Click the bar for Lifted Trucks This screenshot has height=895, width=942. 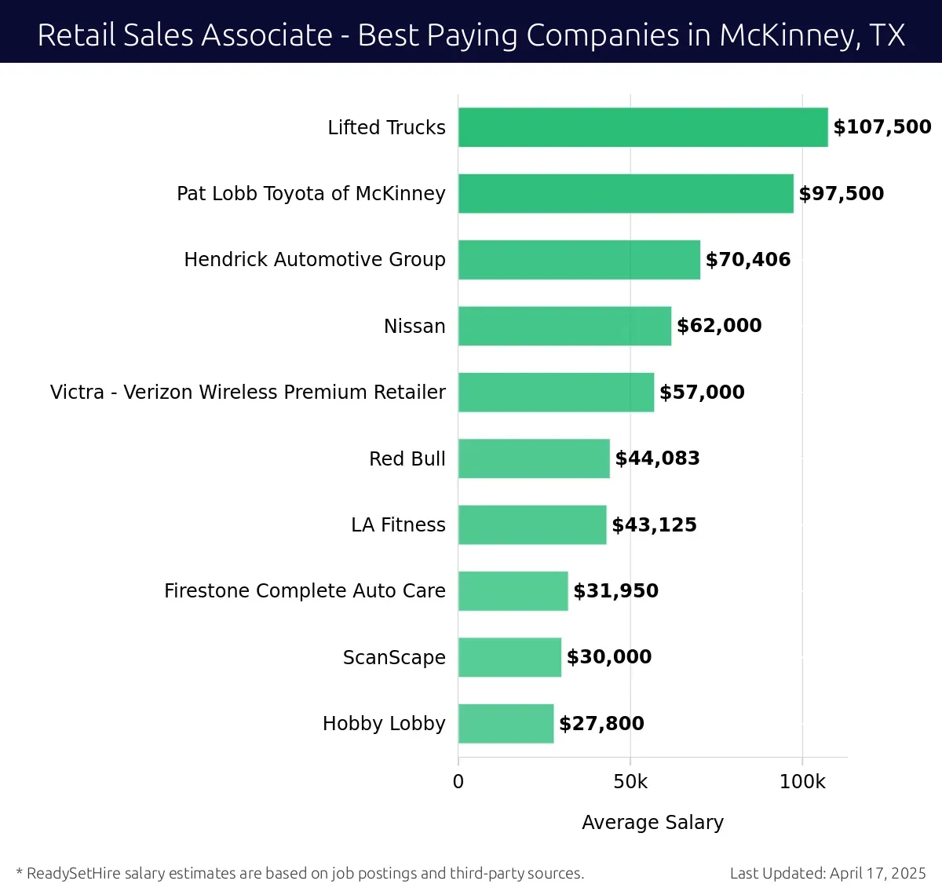pos(643,127)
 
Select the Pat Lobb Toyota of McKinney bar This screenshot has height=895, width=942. pos(626,193)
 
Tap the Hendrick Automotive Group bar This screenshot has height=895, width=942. pos(579,260)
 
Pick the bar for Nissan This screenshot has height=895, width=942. pos(564,326)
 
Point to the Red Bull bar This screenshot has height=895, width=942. pos(534,458)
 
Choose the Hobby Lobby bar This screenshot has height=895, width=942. pos(506,724)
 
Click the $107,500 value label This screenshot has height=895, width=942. pos(882,127)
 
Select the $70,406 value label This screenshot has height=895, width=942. pos(748,260)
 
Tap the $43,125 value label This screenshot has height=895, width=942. pos(654,525)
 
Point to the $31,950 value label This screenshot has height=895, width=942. pos(615,591)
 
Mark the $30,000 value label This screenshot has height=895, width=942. pos(609,657)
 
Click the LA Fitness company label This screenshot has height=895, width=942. pos(398,525)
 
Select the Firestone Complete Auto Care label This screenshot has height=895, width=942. pos(305,591)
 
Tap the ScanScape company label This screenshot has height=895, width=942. pos(394,658)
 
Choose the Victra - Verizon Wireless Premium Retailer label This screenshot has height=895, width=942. pos(248,393)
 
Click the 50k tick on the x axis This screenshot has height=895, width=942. pos(630,782)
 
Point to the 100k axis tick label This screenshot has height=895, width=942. pos(802,782)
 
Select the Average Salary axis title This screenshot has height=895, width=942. pos(652,822)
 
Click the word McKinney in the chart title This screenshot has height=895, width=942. pos(788,35)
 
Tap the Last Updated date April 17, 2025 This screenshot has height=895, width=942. pos(878,873)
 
